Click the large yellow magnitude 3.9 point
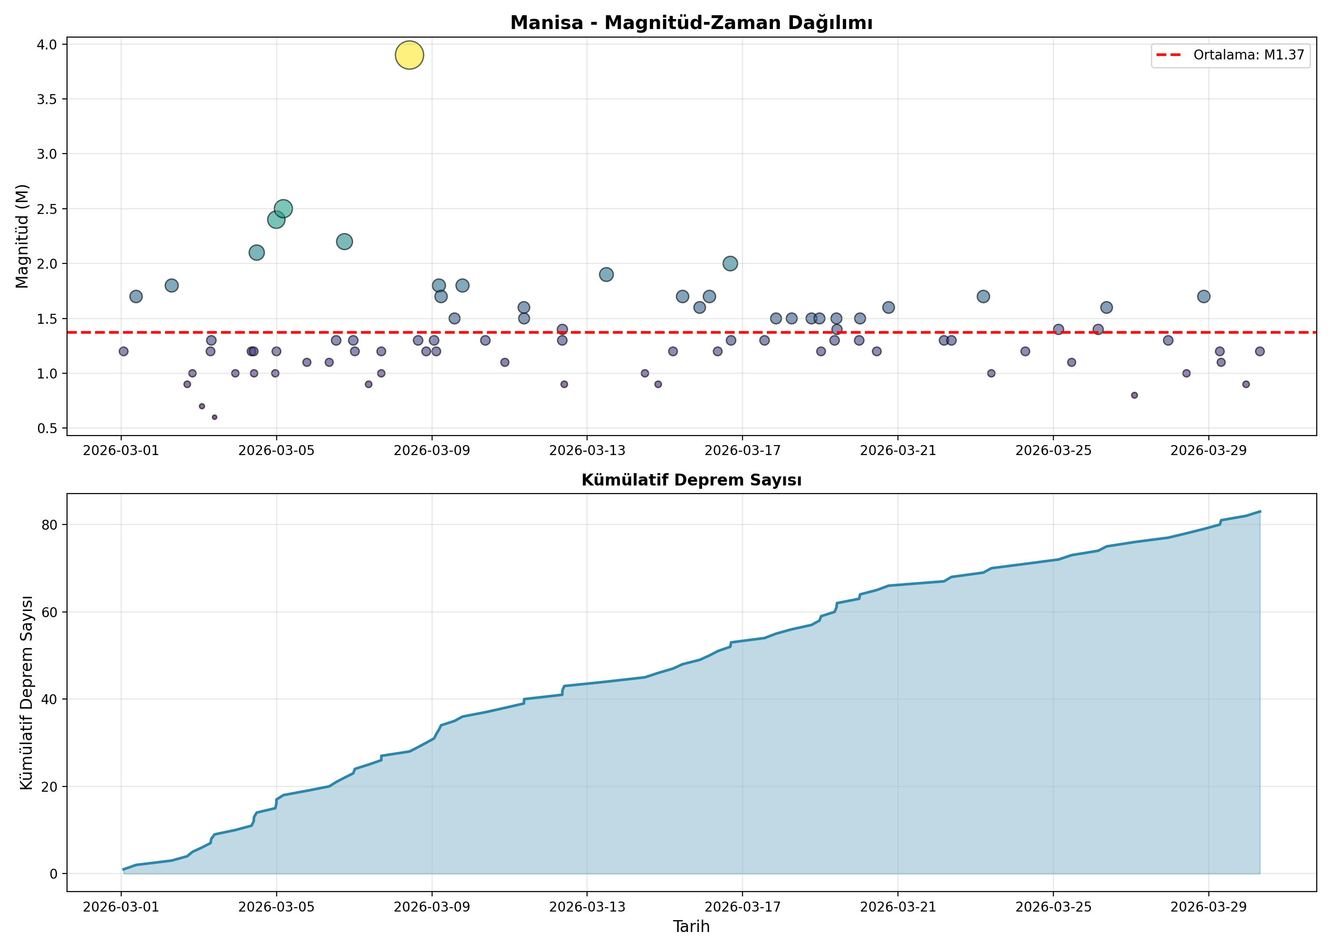coord(409,55)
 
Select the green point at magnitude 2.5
coord(283,208)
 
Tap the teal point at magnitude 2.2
coord(344,241)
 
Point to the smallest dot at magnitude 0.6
coord(214,417)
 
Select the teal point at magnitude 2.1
coord(256,252)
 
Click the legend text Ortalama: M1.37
coord(1249,55)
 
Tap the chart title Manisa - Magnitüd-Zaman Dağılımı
coord(691,23)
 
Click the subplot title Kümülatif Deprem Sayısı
coord(691,480)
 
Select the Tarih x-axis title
coord(691,926)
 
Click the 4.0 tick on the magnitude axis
coord(47,45)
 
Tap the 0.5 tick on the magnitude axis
coord(47,428)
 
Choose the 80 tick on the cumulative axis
coord(50,524)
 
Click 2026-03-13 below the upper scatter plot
coord(587,450)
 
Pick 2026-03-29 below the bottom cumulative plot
coord(1209,907)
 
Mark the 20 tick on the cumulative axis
coord(50,786)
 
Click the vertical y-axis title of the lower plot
coord(26,693)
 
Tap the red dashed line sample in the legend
coord(1169,55)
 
